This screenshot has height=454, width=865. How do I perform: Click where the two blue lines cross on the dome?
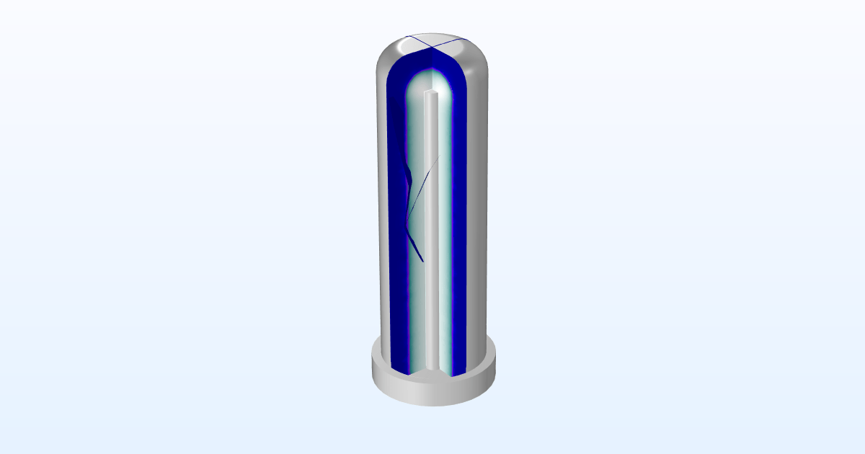pos(431,47)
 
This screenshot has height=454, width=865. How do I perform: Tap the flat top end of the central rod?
pos(431,94)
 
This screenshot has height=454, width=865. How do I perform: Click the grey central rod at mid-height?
pos(431,231)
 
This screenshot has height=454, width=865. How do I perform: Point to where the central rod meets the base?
pos(431,368)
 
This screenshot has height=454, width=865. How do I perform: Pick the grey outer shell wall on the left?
pos(382,216)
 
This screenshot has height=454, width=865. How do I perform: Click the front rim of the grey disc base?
pos(432,393)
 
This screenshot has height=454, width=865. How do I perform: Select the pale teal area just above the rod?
pos(430,81)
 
